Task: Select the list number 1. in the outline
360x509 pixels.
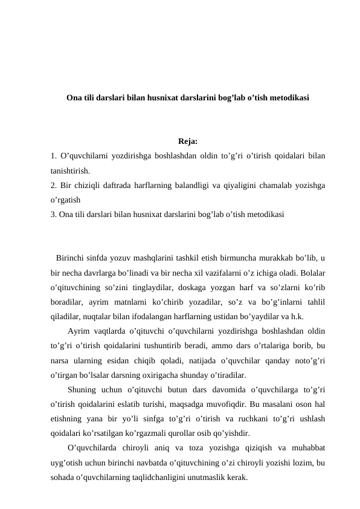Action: tap(54, 157)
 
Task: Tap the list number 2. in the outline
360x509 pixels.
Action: tap(54, 185)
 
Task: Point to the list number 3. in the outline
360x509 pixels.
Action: tap(54, 213)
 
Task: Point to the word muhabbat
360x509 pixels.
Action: tap(306, 447)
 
